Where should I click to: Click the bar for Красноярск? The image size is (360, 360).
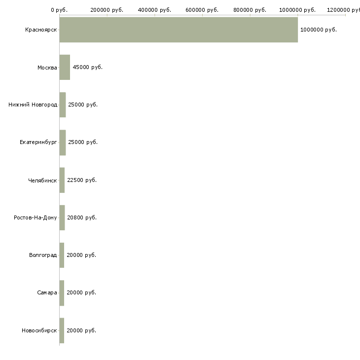(179, 30)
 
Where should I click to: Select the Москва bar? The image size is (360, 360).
(65, 68)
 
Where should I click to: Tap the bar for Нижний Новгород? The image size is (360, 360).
(63, 105)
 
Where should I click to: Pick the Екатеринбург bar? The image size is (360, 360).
(63, 143)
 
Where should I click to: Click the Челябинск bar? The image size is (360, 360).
(62, 180)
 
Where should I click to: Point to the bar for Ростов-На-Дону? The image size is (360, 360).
(62, 217)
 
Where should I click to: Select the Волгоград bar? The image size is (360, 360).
(62, 255)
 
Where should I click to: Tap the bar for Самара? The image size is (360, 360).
(62, 292)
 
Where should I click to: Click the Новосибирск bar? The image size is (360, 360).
(62, 330)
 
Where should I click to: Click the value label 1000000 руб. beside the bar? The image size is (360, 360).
(319, 30)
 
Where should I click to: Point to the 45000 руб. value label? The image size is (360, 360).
(87, 68)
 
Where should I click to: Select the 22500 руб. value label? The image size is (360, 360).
(82, 180)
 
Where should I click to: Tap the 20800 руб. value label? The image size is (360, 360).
(82, 217)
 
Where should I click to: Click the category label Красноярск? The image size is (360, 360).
(41, 30)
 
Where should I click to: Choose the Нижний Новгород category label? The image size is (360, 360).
(33, 105)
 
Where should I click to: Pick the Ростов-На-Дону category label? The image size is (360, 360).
(36, 217)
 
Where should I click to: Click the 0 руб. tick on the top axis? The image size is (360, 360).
(59, 10)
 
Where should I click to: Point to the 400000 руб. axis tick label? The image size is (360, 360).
(155, 10)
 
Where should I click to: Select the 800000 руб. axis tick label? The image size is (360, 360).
(250, 10)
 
